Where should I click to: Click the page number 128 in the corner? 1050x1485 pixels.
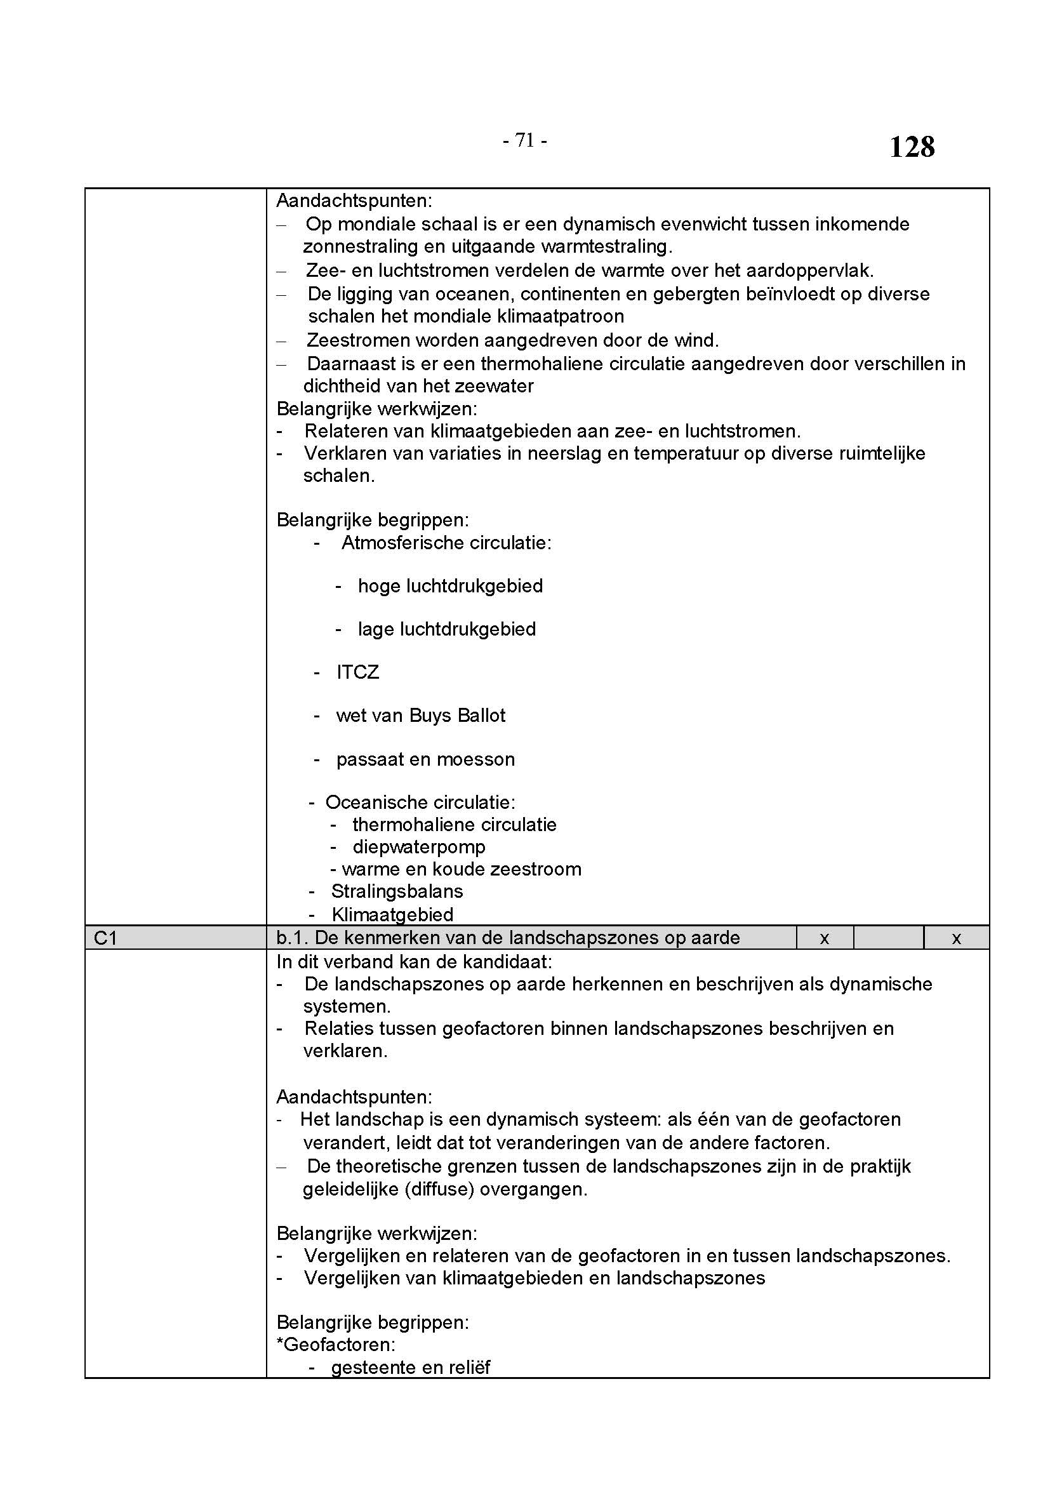pyautogui.click(x=912, y=147)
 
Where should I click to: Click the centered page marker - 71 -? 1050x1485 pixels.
pyautogui.click(x=524, y=140)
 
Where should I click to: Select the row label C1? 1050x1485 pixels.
pyautogui.click(x=105, y=938)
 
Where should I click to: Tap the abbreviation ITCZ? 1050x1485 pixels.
pyautogui.click(x=357, y=672)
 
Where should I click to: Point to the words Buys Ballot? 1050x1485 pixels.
pyautogui.click(x=457, y=716)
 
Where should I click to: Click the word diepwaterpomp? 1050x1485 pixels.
pyautogui.click(x=419, y=847)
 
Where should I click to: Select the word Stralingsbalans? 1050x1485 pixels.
pyautogui.click(x=397, y=891)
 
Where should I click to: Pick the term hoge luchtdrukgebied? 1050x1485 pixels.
pyautogui.click(x=450, y=586)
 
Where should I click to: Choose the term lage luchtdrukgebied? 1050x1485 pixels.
pyautogui.click(x=447, y=629)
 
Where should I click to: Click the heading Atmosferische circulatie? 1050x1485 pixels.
pyautogui.click(x=446, y=543)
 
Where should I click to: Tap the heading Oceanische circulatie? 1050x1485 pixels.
pyautogui.click(x=420, y=802)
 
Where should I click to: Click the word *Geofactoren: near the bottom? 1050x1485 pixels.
pyautogui.click(x=336, y=1345)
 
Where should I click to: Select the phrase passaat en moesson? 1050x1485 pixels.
pyautogui.click(x=425, y=759)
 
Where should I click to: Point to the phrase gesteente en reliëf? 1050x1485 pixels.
pyautogui.click(x=411, y=1368)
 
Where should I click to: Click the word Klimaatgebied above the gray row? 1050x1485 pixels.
pyautogui.click(x=392, y=914)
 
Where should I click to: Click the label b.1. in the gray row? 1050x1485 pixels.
pyautogui.click(x=291, y=938)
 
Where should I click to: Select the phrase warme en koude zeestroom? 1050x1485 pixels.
pyautogui.click(x=461, y=869)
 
